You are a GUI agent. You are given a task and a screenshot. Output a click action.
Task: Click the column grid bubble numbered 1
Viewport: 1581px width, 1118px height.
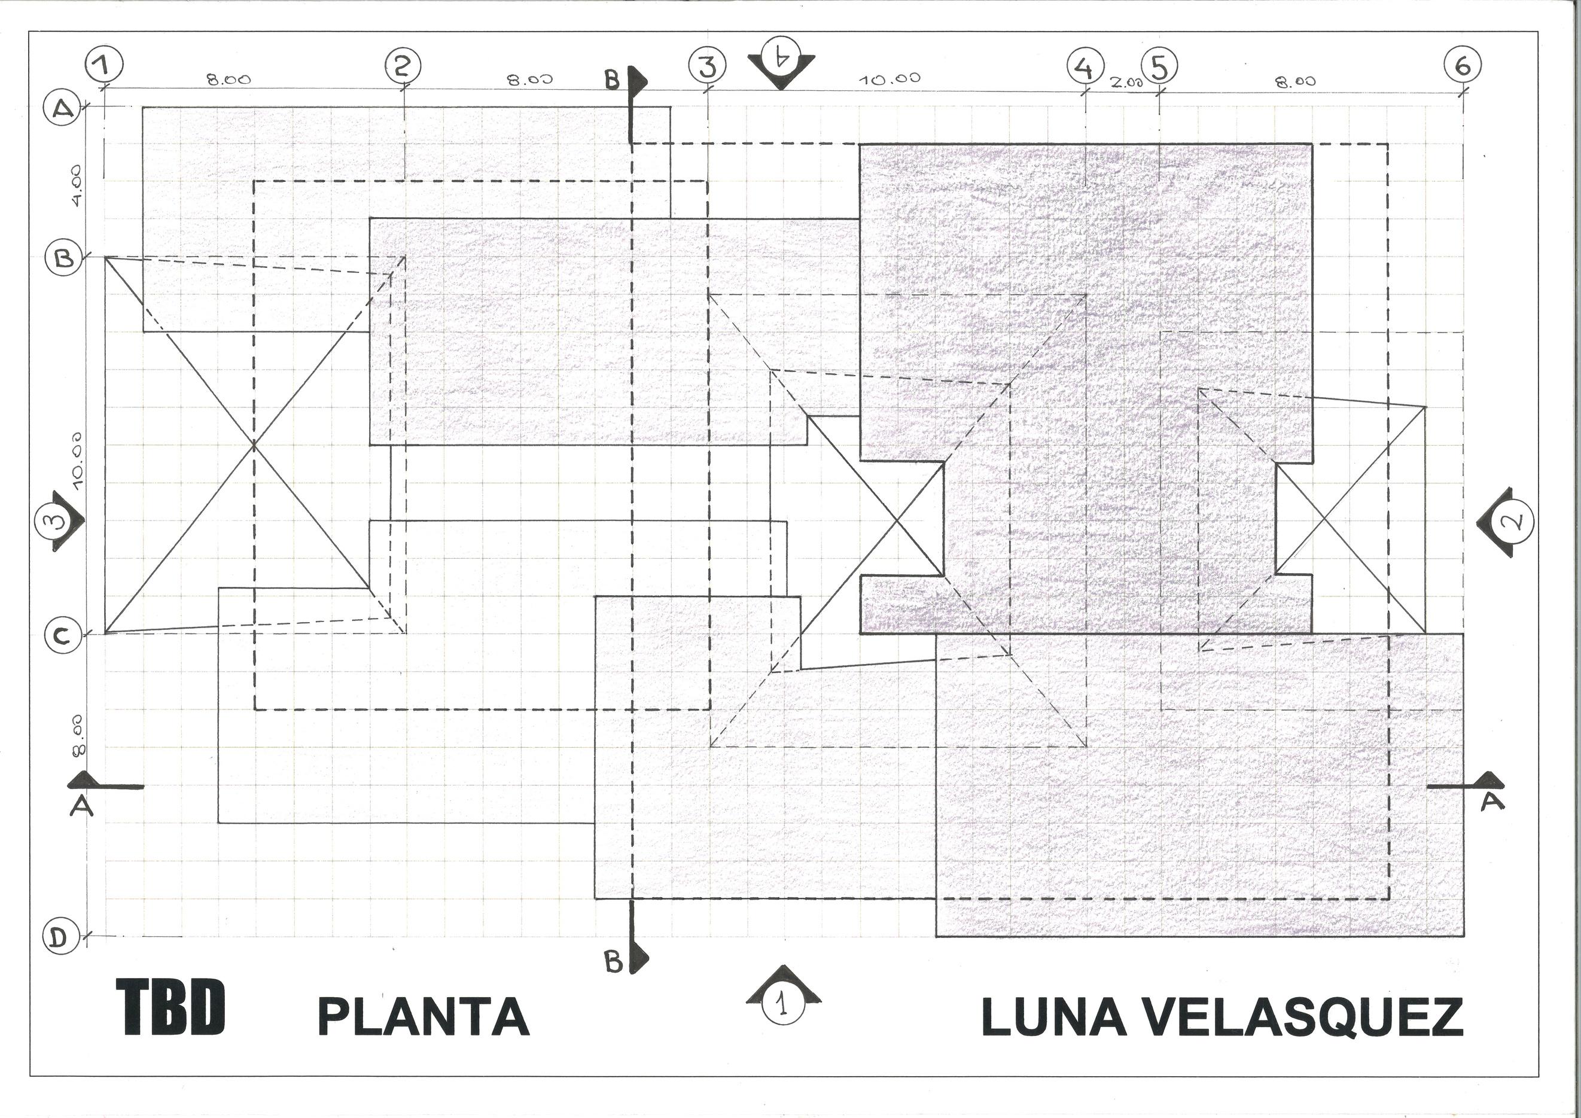coord(104,65)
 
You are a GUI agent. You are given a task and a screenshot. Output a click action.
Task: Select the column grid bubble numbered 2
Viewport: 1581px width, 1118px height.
coord(403,65)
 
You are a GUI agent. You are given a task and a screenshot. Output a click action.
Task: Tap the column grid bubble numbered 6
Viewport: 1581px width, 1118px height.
coord(1463,66)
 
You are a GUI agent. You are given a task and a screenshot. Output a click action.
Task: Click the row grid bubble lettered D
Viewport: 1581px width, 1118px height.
coord(61,937)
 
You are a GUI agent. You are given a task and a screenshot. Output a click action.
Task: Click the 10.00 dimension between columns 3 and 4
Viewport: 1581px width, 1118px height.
coord(889,79)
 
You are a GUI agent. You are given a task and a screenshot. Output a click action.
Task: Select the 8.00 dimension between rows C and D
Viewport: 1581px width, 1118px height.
coord(78,735)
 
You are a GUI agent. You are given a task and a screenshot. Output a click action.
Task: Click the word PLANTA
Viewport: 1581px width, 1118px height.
coord(423,1017)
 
